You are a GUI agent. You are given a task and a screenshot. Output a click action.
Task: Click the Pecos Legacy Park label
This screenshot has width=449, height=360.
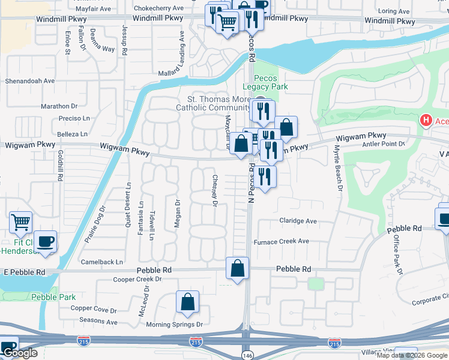coord(270,83)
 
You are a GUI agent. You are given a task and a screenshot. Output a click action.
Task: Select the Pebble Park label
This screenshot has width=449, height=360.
coord(53,297)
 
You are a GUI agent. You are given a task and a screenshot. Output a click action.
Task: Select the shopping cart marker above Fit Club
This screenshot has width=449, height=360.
coord(21,223)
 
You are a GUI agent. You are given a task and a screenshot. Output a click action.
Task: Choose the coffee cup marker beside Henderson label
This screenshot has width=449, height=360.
coord(45,242)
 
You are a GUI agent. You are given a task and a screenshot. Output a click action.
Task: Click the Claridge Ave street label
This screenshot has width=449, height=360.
coord(298,221)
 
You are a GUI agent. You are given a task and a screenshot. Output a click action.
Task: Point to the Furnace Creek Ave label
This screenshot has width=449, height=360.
coord(280,241)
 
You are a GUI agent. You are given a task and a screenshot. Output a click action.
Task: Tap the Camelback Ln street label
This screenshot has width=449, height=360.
coord(103,262)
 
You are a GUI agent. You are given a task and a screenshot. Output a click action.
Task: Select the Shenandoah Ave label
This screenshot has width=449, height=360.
coord(30,80)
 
